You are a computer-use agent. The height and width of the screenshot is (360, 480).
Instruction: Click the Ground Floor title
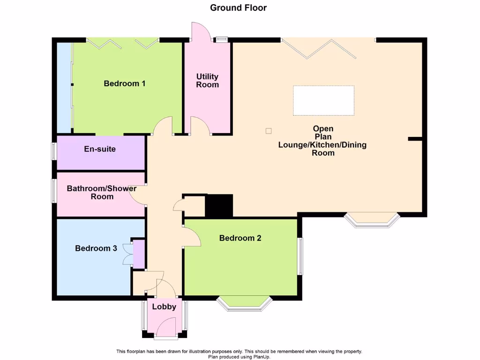[x=238, y=7]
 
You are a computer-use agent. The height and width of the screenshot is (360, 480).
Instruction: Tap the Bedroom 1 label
[x=124, y=83]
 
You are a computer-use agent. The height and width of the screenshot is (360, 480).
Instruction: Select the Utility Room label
[x=207, y=81]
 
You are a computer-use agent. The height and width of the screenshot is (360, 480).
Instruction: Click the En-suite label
[x=100, y=149]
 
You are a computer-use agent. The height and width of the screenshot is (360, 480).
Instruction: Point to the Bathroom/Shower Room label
[x=102, y=192]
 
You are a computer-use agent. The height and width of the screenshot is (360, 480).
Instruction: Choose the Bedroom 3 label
[x=96, y=248]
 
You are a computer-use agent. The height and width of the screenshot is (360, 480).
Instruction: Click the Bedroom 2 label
[x=240, y=238]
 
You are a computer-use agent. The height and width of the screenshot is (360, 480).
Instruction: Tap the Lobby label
[x=164, y=307]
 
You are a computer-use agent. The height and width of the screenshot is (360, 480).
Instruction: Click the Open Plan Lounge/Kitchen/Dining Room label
[x=322, y=140]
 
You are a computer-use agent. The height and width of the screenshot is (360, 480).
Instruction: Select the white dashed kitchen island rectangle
[x=323, y=100]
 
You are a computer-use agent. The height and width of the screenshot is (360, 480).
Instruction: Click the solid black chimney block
[x=219, y=205]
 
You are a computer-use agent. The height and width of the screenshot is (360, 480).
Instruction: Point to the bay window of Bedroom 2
[x=244, y=303]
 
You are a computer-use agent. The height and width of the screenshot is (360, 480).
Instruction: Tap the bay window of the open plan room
[x=372, y=220]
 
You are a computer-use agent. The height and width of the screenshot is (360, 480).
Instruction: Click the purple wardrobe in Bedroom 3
[x=139, y=254]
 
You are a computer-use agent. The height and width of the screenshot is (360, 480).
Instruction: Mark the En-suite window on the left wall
[x=53, y=152]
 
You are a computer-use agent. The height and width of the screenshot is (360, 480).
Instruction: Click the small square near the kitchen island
[x=268, y=131]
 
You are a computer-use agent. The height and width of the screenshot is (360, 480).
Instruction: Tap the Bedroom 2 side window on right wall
[x=300, y=256]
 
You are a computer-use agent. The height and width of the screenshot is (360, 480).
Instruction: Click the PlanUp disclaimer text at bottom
[x=239, y=354]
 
